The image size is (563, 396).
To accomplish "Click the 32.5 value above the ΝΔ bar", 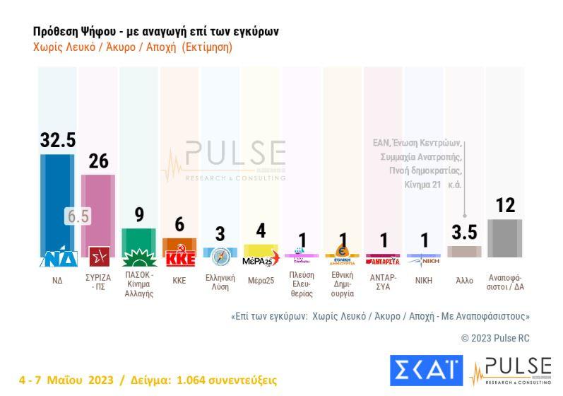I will [x=58, y=139].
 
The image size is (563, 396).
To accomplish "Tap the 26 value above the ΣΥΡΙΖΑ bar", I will [x=98, y=161].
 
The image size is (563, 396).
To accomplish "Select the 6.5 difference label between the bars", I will [x=78, y=216].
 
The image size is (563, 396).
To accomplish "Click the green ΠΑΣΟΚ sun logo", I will [x=138, y=257].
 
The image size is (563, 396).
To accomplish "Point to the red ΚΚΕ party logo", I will [x=179, y=257].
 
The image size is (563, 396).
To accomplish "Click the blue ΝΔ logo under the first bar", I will [x=57, y=258].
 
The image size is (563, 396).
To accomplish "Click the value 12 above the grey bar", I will [x=505, y=205].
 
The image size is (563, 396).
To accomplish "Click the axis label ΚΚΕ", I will [x=179, y=281].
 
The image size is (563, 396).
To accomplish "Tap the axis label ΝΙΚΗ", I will [x=424, y=281].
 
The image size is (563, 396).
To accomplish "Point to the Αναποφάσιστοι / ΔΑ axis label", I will [x=505, y=282].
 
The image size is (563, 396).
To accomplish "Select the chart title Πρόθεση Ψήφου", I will [x=156, y=32].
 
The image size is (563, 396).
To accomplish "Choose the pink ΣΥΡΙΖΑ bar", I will [x=98, y=212].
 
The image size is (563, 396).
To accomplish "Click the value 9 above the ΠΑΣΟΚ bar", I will [x=139, y=214].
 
